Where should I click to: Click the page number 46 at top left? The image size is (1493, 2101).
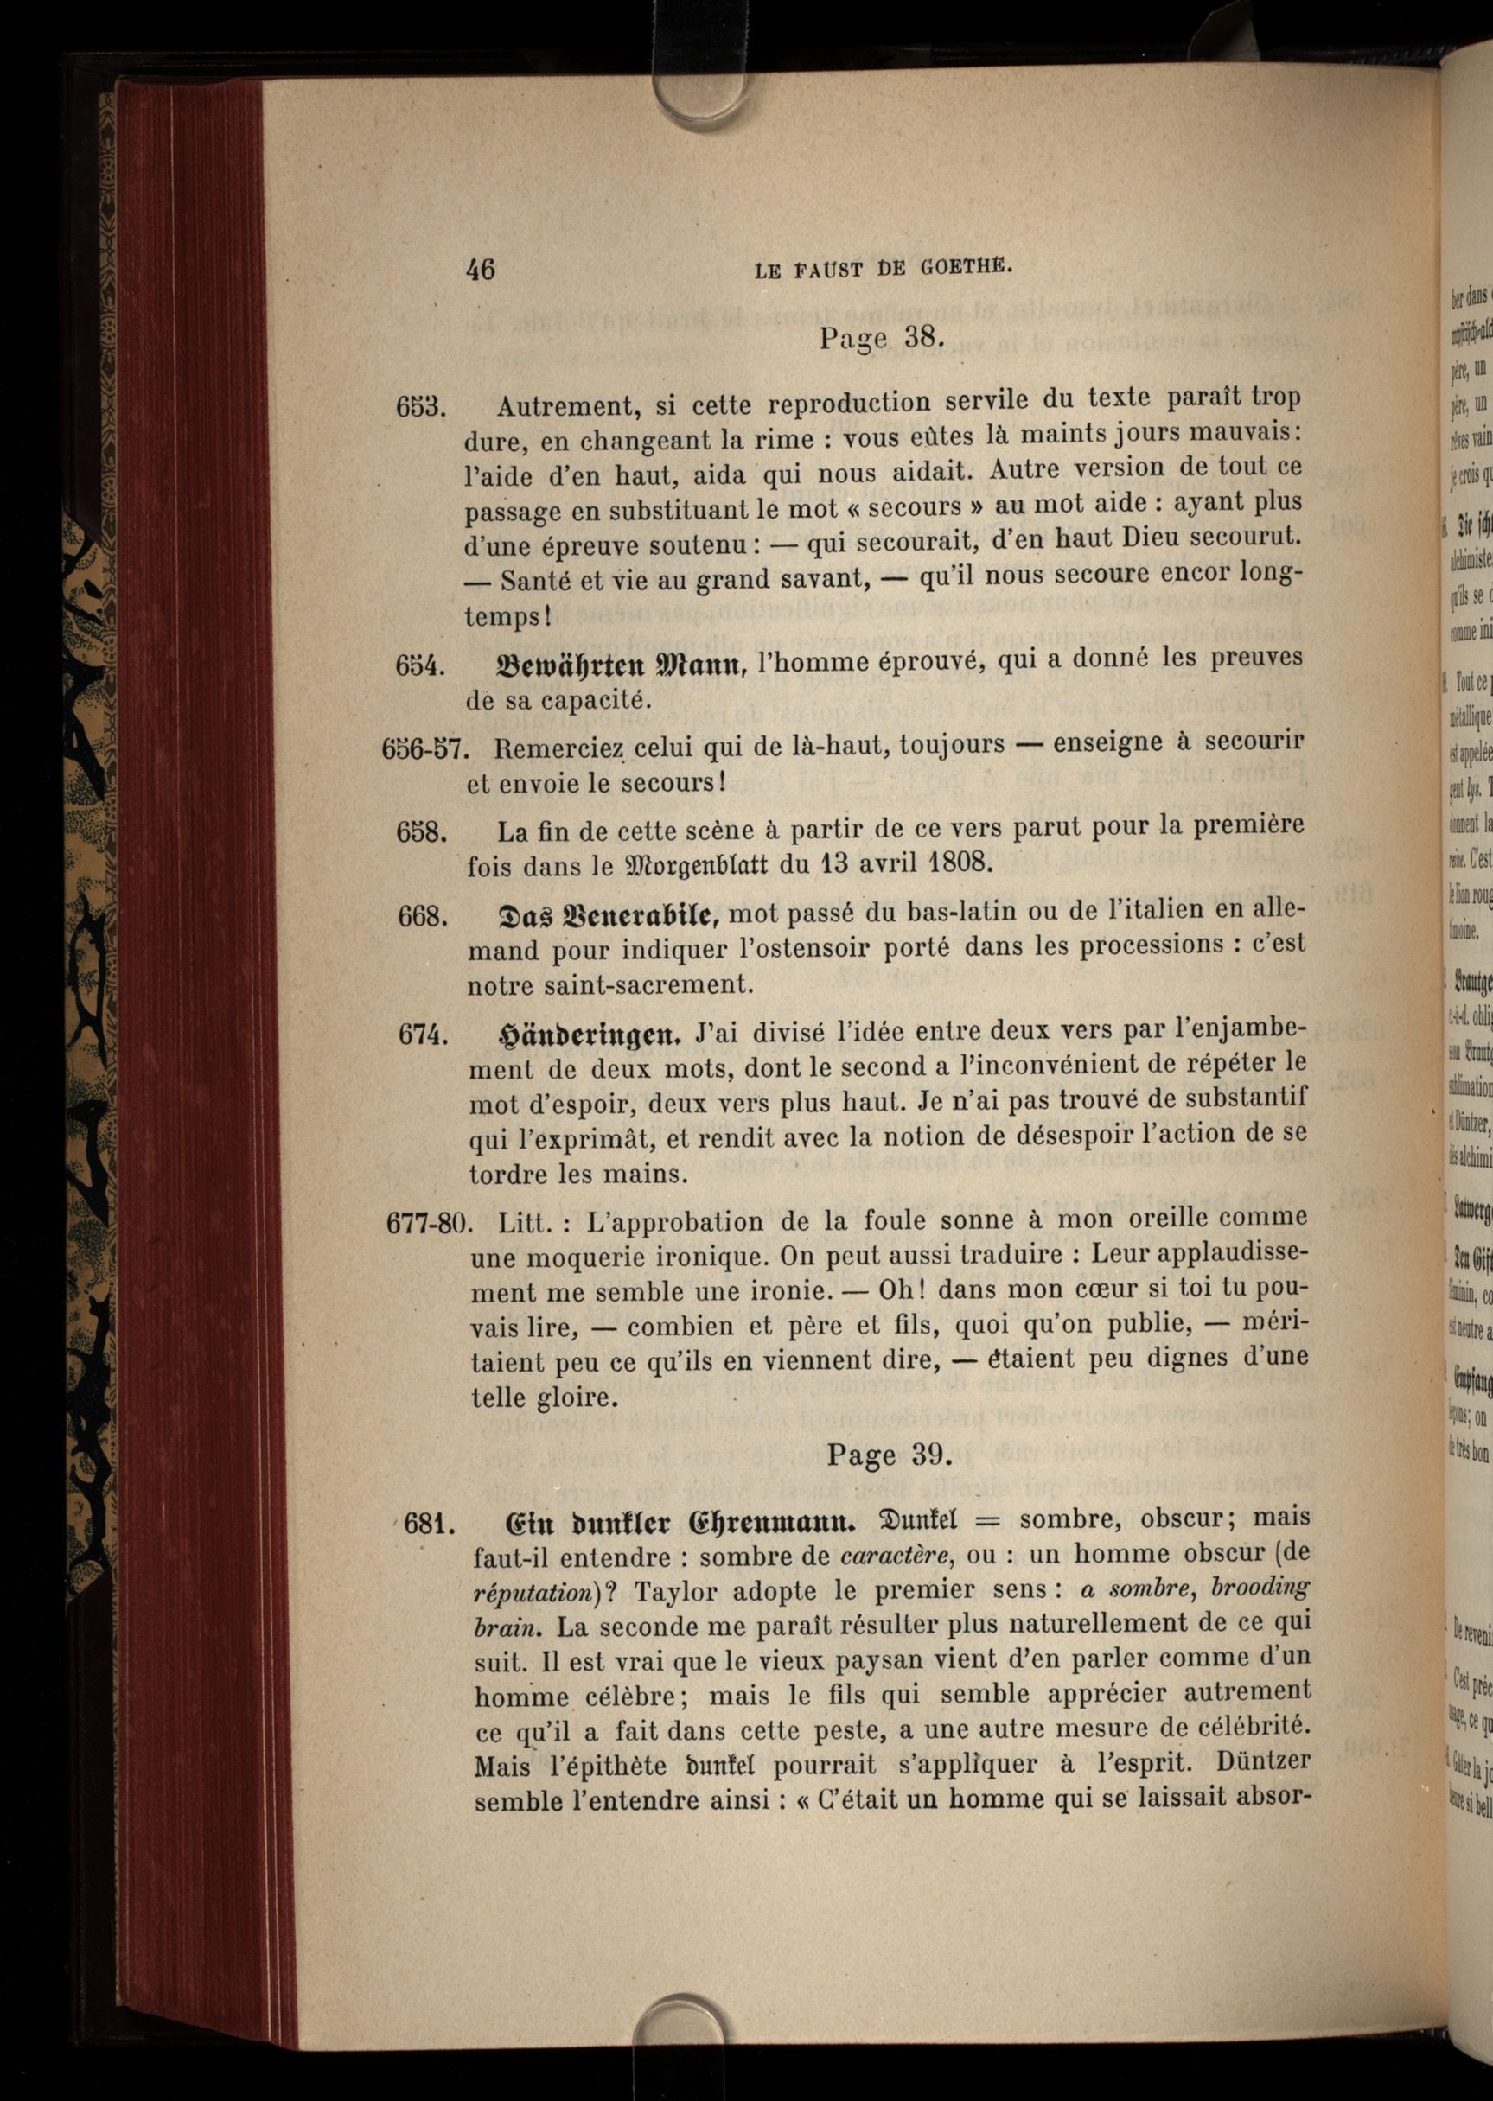tap(480, 269)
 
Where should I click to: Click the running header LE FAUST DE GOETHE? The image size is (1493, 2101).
tap(883, 270)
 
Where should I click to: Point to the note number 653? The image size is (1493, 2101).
tap(421, 406)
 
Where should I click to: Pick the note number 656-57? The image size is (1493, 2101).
tap(425, 749)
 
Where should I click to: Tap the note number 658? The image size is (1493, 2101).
tap(422, 832)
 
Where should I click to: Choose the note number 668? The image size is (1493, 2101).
tap(424, 916)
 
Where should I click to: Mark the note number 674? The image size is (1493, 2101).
tap(423, 1035)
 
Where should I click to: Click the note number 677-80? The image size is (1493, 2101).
tap(429, 1222)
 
